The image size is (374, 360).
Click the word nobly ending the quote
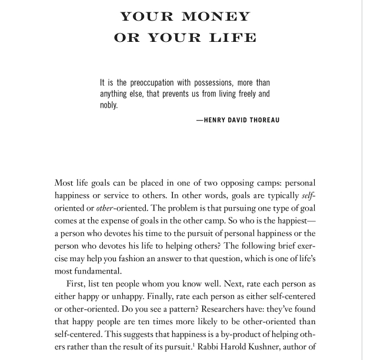tap(109, 105)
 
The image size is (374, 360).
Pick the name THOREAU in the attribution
tap(263, 121)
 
